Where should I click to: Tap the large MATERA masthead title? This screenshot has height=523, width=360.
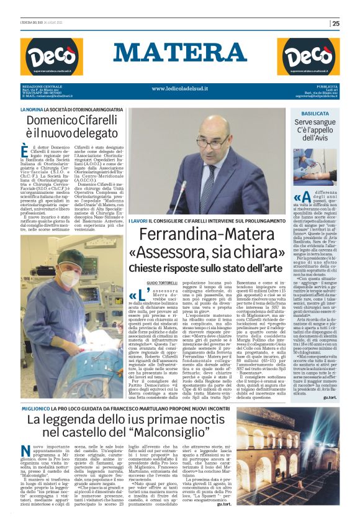tap(179, 53)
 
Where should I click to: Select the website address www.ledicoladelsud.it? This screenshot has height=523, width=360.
tap(179, 89)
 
